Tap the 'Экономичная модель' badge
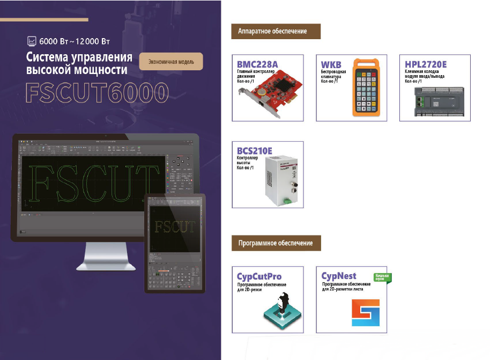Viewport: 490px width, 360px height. coord(172,61)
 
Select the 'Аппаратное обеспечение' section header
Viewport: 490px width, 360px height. coord(276,31)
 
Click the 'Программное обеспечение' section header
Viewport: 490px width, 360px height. coord(276,244)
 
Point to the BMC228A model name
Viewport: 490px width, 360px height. coord(257,64)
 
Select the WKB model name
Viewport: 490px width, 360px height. coord(331,64)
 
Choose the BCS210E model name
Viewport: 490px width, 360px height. coord(255,151)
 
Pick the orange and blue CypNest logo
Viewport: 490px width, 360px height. coord(365,313)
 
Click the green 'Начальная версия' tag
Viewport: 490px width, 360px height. coord(383,277)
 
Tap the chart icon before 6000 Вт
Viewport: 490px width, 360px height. coord(32,41)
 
